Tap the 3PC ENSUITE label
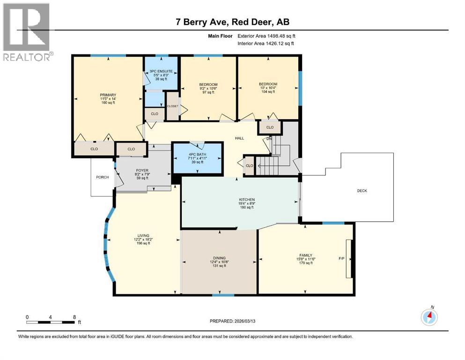(x=161, y=72)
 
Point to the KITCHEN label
(x=247, y=200)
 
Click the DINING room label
(x=219, y=258)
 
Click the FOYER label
(x=142, y=171)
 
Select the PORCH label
(x=102, y=177)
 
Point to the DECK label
(x=362, y=190)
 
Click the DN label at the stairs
(x=269, y=139)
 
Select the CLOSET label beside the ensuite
(x=172, y=106)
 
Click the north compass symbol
(x=429, y=317)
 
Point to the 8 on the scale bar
(x=74, y=317)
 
